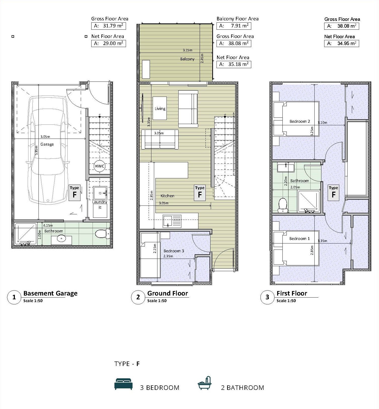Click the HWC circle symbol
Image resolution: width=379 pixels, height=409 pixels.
tap(100, 166)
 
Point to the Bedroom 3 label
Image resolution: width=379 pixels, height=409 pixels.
tap(174, 251)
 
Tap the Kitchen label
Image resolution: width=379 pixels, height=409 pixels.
tap(167, 196)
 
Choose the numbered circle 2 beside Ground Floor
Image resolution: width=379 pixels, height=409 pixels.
tap(138, 297)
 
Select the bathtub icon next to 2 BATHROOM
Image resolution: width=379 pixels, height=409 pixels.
tap(204, 383)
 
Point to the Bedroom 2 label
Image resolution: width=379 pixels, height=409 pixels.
tap(300, 121)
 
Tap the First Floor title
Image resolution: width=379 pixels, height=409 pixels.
tap(292, 293)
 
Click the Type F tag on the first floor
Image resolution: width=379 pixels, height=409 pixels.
tap(333, 193)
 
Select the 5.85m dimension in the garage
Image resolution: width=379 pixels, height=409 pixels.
tap(36, 152)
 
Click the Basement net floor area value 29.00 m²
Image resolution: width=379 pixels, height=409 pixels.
tap(113, 43)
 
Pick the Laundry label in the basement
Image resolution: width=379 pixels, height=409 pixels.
tap(100, 202)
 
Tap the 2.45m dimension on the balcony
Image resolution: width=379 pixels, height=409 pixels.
tap(202, 58)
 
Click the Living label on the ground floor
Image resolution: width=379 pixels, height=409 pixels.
tap(160, 109)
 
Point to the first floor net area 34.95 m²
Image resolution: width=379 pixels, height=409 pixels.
tap(347, 43)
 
